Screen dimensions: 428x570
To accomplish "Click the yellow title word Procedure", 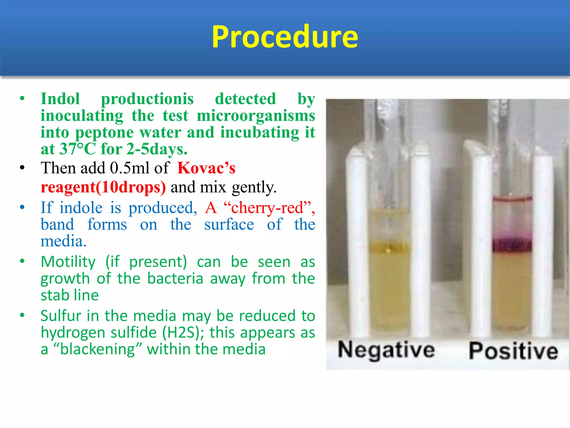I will pyautogui.click(x=285, y=37).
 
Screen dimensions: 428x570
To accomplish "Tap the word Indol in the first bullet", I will pyautogui.click(x=60, y=99).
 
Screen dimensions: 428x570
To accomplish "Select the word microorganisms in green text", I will pyautogui.click(x=256, y=116).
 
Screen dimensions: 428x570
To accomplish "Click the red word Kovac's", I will pyautogui.click(x=206, y=168).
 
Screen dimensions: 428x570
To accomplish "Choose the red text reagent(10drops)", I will pyautogui.click(x=103, y=187).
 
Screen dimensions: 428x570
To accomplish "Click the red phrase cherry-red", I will pyautogui.click(x=267, y=208).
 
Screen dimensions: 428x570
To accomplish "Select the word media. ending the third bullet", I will pyautogui.click(x=63, y=241).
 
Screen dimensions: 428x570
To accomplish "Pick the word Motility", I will pyautogui.click(x=68, y=262).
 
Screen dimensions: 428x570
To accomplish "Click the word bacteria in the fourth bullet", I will pyautogui.click(x=175, y=278).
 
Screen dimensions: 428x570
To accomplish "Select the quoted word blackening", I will pyautogui.click(x=97, y=349).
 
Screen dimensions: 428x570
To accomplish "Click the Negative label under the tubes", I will pyautogui.click(x=386, y=350).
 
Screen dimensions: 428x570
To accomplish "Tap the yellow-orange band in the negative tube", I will pyautogui.click(x=389, y=247).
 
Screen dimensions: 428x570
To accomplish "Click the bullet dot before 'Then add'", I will pyautogui.click(x=22, y=168).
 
